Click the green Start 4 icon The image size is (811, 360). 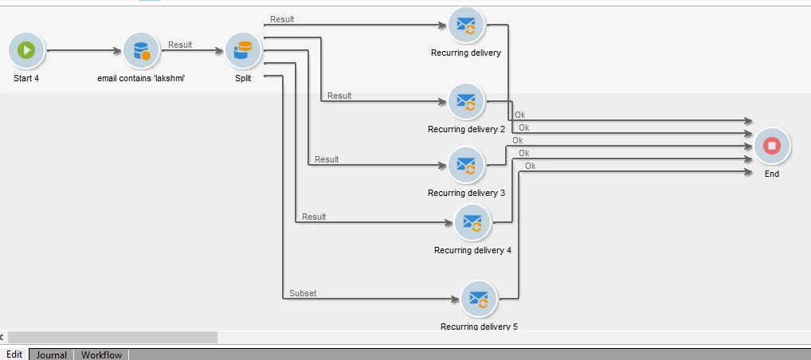(x=26, y=51)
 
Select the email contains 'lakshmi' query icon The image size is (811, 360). (x=141, y=51)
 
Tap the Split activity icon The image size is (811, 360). (x=243, y=51)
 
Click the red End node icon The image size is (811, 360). (x=771, y=146)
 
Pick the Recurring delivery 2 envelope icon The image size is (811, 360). (x=466, y=102)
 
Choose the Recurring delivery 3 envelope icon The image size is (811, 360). (x=466, y=165)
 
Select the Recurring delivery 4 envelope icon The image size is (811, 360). (x=472, y=222)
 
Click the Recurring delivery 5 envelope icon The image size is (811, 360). (x=479, y=299)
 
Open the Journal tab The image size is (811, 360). (x=52, y=354)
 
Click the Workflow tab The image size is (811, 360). (x=102, y=354)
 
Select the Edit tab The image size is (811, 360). (x=14, y=354)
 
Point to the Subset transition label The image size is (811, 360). (x=303, y=293)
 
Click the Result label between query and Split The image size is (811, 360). (x=180, y=45)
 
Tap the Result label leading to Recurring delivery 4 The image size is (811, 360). (x=314, y=217)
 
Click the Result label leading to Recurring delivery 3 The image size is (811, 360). (x=327, y=159)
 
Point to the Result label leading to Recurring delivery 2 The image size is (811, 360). (x=339, y=96)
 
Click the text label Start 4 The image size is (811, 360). (x=26, y=78)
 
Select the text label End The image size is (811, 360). (x=771, y=174)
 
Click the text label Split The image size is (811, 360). (x=243, y=78)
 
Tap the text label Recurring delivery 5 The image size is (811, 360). (x=479, y=326)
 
